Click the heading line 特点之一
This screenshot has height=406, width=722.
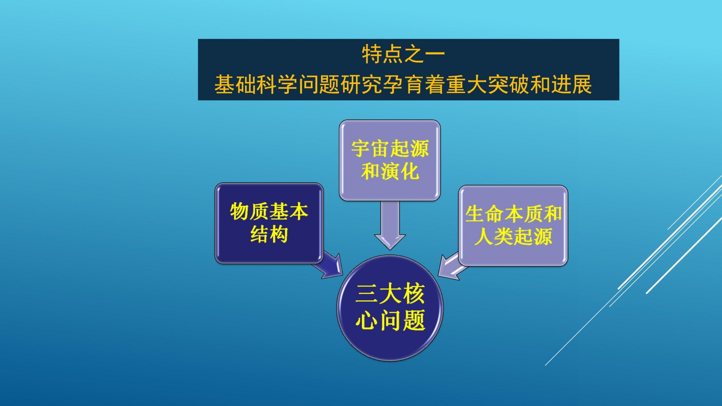[x=403, y=54]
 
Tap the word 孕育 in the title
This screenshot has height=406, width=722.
[x=403, y=84]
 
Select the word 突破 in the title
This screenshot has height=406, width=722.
[x=508, y=84]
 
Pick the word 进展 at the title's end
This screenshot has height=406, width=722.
[x=571, y=84]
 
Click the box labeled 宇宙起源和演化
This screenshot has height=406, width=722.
[x=390, y=160]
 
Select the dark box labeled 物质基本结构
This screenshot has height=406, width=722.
[x=269, y=223]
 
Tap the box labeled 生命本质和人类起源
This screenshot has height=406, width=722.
[x=513, y=226]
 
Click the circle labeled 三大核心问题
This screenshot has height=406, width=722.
[x=390, y=308]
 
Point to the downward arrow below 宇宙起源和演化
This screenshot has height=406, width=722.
[x=390, y=225]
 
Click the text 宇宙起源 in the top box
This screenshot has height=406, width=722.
[x=390, y=148]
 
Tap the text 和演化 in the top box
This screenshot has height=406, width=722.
[x=390, y=171]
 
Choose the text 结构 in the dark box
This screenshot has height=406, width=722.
[x=269, y=235]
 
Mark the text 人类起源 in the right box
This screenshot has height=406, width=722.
[x=513, y=237]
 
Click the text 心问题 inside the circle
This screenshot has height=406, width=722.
[x=390, y=320]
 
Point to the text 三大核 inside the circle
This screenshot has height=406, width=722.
[x=390, y=293]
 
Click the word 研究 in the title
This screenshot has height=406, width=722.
[x=361, y=84]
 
